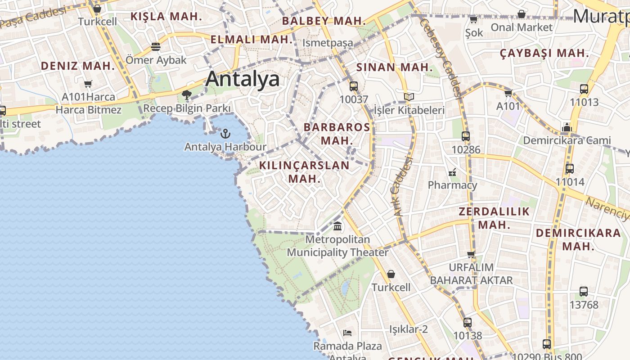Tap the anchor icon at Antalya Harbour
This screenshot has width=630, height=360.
(x=225, y=133)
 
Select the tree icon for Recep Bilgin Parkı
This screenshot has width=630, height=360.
(x=187, y=94)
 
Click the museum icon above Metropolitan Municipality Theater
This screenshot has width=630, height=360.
(x=337, y=226)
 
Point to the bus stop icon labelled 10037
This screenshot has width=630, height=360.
(x=354, y=86)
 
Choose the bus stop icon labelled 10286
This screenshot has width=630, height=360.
(x=466, y=136)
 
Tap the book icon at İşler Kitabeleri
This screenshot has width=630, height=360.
(x=409, y=97)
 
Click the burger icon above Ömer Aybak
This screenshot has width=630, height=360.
(x=156, y=47)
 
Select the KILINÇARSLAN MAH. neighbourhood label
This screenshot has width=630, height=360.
(x=304, y=172)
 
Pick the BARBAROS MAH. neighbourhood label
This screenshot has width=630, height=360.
(x=337, y=134)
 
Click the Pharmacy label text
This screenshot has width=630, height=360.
(x=452, y=185)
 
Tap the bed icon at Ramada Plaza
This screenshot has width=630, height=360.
(x=347, y=333)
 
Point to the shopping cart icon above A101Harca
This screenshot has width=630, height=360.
(x=88, y=84)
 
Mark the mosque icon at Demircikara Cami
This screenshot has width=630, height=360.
(x=567, y=127)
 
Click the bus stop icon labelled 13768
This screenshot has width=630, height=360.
(x=584, y=292)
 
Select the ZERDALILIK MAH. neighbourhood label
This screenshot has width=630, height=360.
(x=494, y=218)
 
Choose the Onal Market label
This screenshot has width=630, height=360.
(x=521, y=27)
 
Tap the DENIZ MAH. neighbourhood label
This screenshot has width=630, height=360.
(x=78, y=66)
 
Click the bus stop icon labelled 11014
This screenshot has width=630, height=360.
(x=570, y=169)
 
